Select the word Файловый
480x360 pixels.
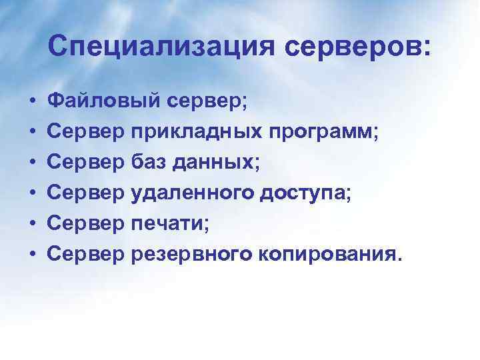(x=104, y=102)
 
